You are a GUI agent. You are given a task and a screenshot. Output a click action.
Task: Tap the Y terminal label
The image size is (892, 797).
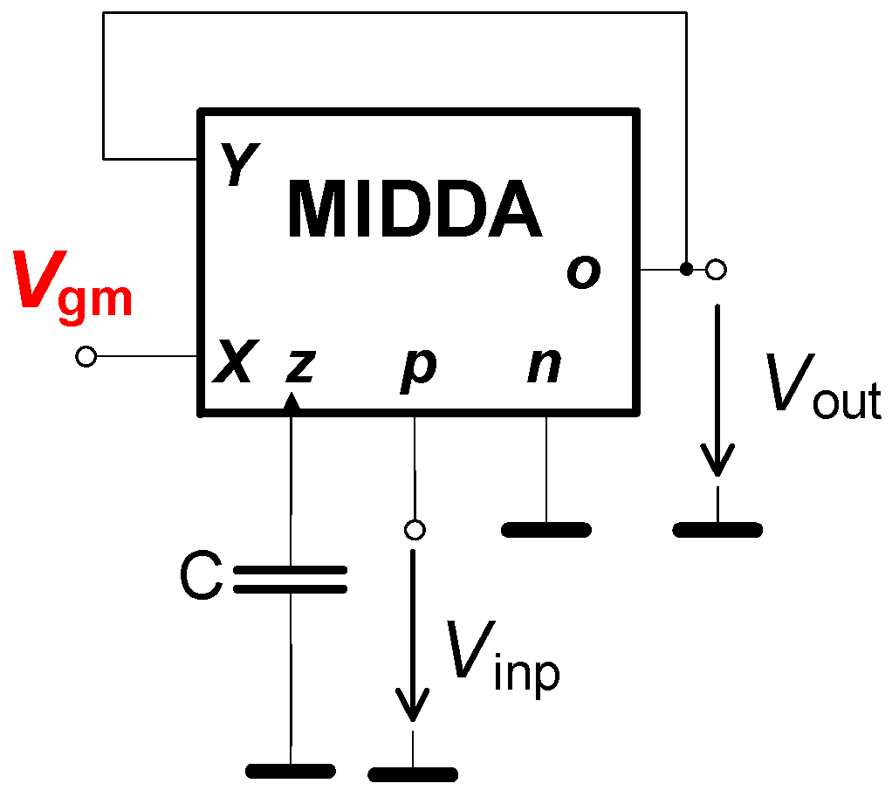(233, 166)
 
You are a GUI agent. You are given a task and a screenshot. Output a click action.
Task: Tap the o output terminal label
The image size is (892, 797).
(583, 272)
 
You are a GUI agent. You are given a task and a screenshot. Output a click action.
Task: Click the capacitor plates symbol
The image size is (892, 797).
(291, 579)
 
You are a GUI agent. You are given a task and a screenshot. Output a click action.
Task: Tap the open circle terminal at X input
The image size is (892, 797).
(86, 356)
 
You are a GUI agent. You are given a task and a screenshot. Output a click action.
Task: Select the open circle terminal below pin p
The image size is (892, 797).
(415, 529)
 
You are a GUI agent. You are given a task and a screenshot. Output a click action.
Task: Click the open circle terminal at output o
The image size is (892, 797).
(716, 270)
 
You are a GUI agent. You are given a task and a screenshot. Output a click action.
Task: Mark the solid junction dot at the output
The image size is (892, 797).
(687, 269)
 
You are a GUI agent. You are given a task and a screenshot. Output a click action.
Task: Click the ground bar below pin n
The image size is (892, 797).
(546, 529)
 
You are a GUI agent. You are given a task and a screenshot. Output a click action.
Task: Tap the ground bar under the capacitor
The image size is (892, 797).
(291, 771)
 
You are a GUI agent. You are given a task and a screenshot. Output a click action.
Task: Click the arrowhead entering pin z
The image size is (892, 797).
(292, 402)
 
